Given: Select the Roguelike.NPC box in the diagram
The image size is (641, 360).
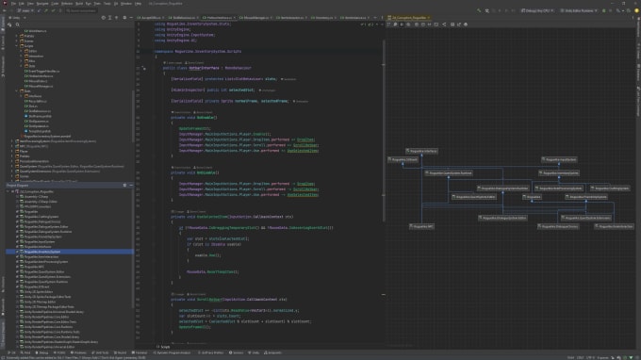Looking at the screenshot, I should (x=420, y=227).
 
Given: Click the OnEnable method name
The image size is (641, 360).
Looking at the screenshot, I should (x=201, y=118).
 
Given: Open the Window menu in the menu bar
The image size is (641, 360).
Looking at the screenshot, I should (x=126, y=3).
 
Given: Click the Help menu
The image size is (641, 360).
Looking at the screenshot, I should (x=141, y=3).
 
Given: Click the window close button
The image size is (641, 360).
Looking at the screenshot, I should (x=633, y=3).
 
